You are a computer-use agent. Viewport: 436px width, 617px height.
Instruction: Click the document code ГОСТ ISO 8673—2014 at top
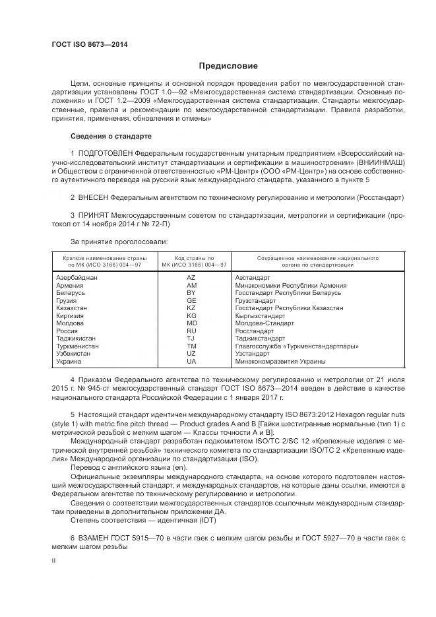tap(90, 45)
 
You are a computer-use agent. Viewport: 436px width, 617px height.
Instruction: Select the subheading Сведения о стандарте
tap(111, 136)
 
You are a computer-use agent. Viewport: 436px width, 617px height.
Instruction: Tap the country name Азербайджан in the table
tap(77, 278)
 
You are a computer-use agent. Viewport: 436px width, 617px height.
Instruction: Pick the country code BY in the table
tap(191, 292)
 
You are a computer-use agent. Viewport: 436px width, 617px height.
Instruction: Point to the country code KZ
tap(191, 308)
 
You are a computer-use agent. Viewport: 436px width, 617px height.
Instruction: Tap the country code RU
tap(191, 331)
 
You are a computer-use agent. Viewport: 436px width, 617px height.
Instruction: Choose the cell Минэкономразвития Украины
tap(280, 362)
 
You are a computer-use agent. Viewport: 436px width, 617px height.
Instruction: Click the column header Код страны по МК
tap(191, 261)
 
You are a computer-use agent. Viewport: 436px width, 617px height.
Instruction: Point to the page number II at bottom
tap(55, 560)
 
